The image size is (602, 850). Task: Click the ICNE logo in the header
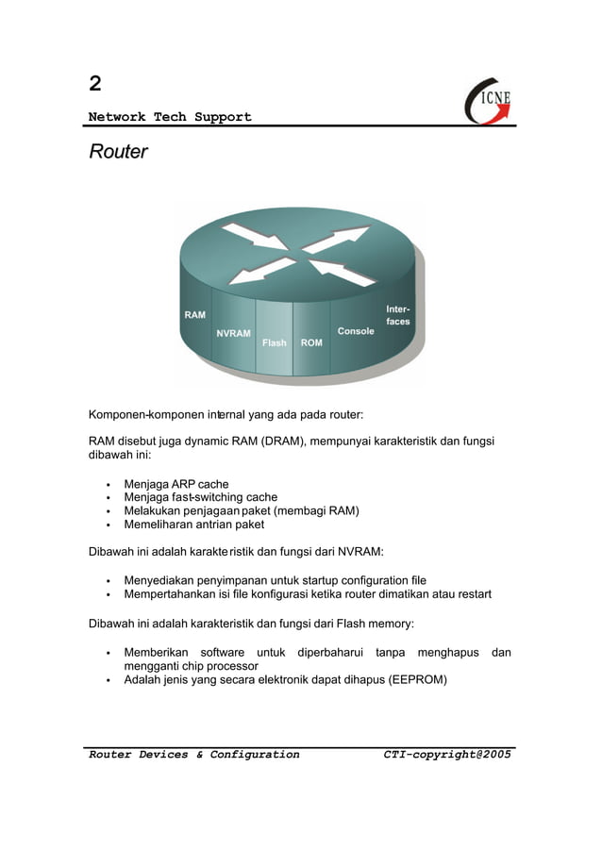[489, 100]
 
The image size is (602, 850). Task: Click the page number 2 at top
[94, 83]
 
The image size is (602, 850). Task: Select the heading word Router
[118, 151]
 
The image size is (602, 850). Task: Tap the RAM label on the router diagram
[194, 315]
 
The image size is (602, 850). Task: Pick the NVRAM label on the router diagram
[233, 333]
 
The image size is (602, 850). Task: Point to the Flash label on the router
[275, 342]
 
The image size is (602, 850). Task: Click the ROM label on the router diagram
[311, 342]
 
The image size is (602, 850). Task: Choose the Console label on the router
[356, 331]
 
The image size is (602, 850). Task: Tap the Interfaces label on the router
[397, 315]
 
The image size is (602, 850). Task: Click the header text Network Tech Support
[170, 117]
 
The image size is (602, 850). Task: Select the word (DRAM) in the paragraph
[283, 441]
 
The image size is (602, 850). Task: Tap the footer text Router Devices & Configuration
[193, 755]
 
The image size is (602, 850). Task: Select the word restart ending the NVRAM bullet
[472, 594]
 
